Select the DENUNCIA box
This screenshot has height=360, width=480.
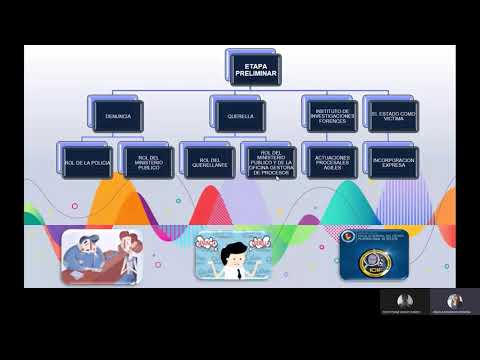tap(117, 116)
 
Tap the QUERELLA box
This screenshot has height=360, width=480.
tap(240, 116)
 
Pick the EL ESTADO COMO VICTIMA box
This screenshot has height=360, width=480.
tap(389, 116)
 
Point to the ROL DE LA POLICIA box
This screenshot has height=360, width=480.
tap(87, 160)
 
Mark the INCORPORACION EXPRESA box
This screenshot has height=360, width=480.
tap(389, 160)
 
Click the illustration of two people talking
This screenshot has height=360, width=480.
tap(100, 256)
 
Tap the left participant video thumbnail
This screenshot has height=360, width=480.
tap(404, 301)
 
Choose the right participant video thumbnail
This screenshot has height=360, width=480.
tap(455, 301)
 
